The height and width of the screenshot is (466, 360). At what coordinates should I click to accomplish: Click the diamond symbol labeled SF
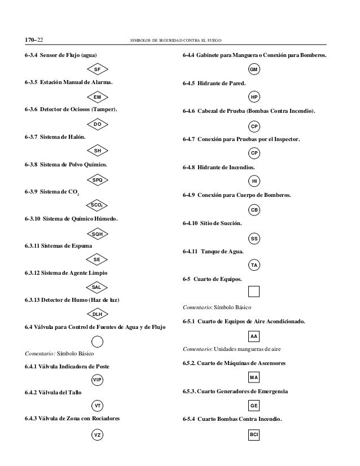[x=97, y=69]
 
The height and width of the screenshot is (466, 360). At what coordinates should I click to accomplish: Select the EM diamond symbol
[x=97, y=96]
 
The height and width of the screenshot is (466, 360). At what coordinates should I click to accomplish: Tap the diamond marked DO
[x=97, y=124]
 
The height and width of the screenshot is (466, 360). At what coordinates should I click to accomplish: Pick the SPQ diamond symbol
[x=97, y=179]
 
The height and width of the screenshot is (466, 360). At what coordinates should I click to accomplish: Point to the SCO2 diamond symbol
[x=97, y=205]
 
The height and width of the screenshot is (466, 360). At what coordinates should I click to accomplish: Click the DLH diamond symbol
[x=97, y=314]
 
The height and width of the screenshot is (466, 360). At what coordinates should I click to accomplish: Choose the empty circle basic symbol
[x=97, y=341]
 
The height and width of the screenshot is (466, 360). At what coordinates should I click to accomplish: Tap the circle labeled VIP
[x=97, y=380]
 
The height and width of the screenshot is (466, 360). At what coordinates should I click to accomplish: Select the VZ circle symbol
[x=97, y=435]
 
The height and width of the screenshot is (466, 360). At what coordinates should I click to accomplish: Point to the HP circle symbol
[x=254, y=97]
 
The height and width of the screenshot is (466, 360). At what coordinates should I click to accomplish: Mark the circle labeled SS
[x=254, y=239]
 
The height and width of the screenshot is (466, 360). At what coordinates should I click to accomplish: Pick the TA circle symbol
[x=254, y=266]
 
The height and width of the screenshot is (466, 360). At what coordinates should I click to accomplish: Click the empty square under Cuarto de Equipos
[x=254, y=292]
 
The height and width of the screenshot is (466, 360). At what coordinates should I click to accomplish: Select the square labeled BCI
[x=254, y=435]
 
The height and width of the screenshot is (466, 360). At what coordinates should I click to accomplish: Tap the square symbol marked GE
[x=254, y=406]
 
